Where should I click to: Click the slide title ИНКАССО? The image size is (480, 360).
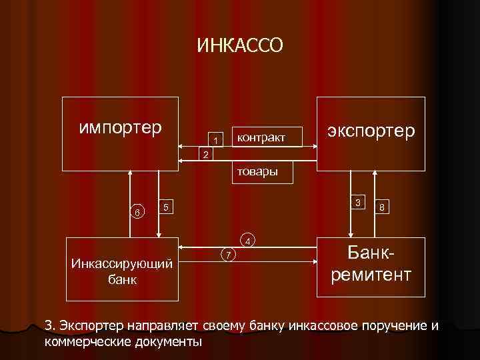[x=240, y=45]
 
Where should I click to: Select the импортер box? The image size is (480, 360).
[x=121, y=133]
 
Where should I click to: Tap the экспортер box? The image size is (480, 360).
[x=371, y=133]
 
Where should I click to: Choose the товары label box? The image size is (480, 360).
[x=254, y=172]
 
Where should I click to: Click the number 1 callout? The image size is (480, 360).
[x=215, y=140]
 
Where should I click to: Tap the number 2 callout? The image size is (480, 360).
[x=206, y=155]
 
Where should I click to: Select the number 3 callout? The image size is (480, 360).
[x=358, y=202]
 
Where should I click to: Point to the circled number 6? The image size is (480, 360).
[x=137, y=213]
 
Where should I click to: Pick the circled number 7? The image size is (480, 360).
[x=228, y=255]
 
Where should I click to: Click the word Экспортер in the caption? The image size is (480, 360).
[x=91, y=326]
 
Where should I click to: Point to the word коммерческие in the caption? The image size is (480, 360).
[x=87, y=342]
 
